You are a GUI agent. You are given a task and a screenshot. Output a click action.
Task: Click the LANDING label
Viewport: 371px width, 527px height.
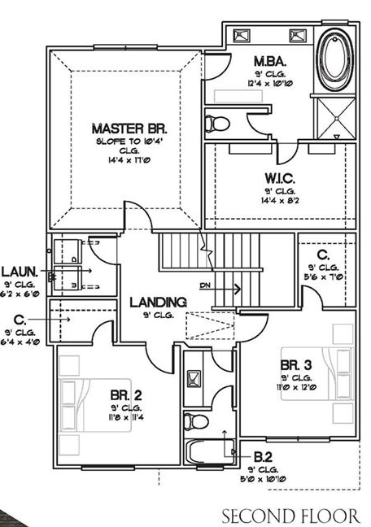coord(158,302)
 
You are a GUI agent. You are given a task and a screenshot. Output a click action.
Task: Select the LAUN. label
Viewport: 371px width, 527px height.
coord(18,271)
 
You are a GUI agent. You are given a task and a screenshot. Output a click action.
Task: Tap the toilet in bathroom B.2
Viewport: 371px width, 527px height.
coord(193,422)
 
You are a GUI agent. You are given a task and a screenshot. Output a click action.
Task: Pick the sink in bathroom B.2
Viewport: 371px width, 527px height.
coord(195,377)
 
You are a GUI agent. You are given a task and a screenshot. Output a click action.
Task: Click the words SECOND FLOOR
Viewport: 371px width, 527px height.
coord(291,516)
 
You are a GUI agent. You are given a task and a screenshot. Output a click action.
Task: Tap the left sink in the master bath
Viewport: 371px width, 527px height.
coord(242,36)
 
